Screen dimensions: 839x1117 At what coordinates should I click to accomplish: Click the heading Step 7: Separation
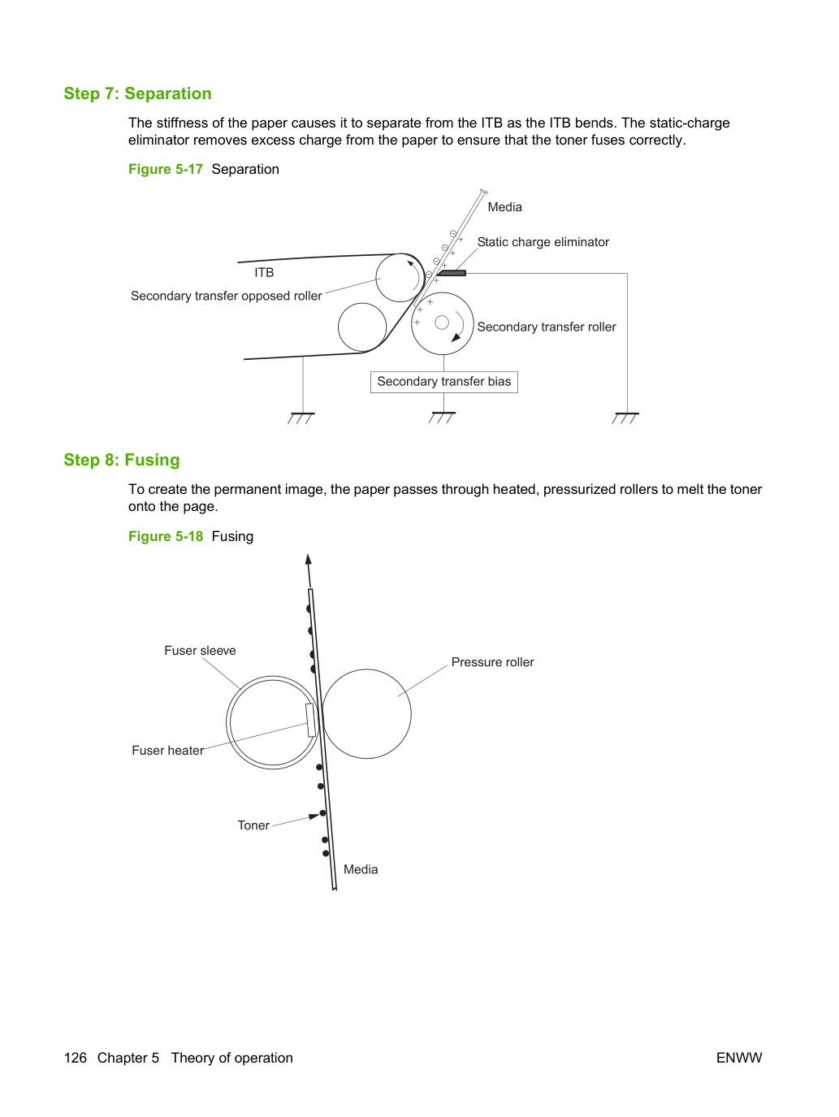click(137, 93)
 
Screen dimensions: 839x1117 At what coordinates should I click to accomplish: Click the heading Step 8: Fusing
click(122, 460)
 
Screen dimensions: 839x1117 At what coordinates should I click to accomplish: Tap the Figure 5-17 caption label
click(166, 170)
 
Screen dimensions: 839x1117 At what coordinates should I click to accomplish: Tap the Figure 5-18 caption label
click(166, 536)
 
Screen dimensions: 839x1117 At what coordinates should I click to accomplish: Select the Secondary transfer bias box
click(444, 382)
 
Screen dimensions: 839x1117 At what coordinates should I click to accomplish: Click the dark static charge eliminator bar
click(452, 273)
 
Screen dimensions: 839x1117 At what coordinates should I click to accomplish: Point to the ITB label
click(264, 273)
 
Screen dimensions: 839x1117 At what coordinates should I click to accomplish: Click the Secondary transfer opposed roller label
click(227, 297)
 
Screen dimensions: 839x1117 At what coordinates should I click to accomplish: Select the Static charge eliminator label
click(543, 242)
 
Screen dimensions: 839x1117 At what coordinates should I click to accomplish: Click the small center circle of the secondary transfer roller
click(442, 323)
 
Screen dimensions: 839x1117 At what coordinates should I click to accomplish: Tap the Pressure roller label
click(492, 662)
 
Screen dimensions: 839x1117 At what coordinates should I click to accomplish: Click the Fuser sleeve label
click(200, 651)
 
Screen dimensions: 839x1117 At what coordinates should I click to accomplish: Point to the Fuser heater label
click(167, 751)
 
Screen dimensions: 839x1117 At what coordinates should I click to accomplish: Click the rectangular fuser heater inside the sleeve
click(310, 720)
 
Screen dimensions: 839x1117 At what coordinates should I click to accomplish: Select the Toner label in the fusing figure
click(253, 825)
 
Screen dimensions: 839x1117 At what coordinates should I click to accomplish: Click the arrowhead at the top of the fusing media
click(309, 559)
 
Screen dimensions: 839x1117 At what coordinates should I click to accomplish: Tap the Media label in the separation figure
click(504, 207)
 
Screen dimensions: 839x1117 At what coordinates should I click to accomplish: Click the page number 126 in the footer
click(76, 1058)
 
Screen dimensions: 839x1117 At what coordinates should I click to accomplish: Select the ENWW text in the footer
click(739, 1058)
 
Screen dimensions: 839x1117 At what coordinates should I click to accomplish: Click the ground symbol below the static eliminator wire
click(626, 418)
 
